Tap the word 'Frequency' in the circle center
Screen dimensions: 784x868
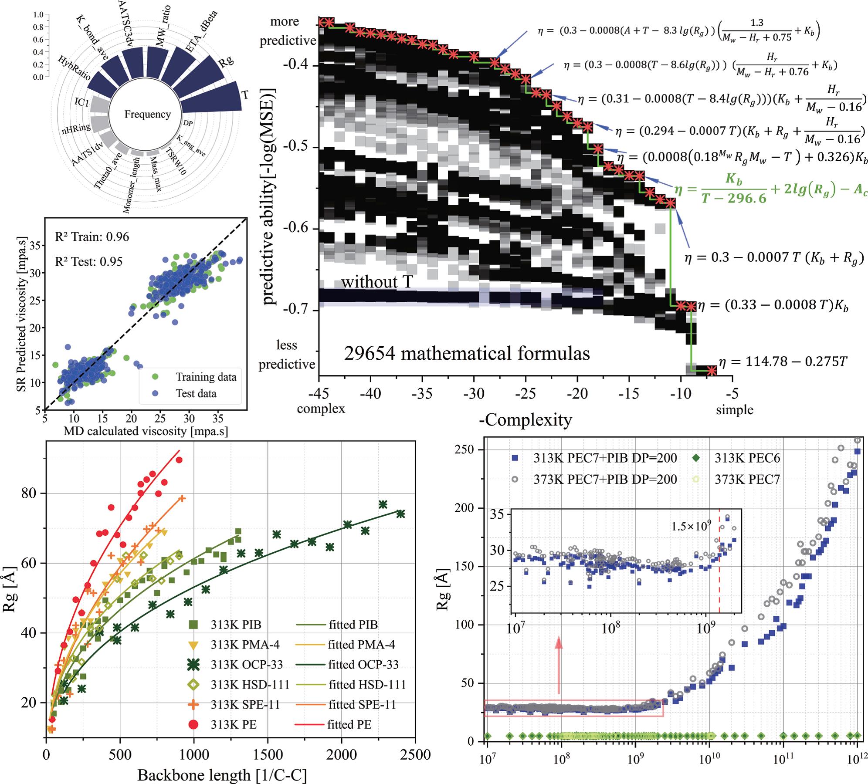point(147,115)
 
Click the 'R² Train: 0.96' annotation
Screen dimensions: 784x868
point(92,237)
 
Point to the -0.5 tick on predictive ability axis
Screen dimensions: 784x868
point(299,147)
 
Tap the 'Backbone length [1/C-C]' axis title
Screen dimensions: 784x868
point(222,775)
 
